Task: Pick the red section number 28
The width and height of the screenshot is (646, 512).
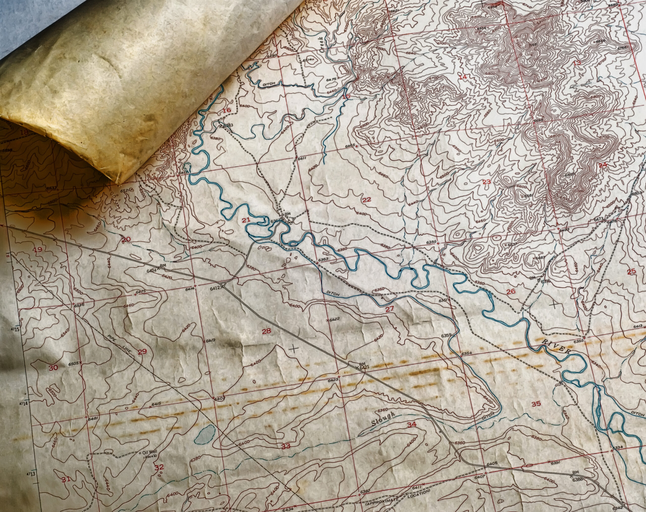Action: pos(266,331)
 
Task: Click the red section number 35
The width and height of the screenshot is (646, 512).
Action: pos(536,403)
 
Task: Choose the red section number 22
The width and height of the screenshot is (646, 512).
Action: pos(366,200)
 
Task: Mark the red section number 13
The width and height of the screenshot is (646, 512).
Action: pos(577,63)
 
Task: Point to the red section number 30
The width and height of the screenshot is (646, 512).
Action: pos(54,368)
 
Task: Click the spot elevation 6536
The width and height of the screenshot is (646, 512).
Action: pos(79,306)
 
